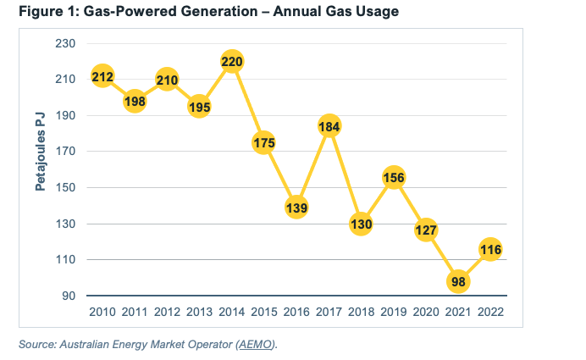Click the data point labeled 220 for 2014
pos(232,62)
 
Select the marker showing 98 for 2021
pos(458,281)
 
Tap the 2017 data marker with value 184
pos(329,126)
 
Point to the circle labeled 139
pos(296,208)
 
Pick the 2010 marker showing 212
pos(102,78)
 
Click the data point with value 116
pos(490,249)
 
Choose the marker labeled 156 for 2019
pos(393,178)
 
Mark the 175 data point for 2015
pos(264,143)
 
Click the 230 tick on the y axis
pos(67,43)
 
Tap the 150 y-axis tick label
pos(67,188)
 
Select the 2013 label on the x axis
pos(199,312)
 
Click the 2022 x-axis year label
pos(490,312)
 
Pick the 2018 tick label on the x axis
pos(361,312)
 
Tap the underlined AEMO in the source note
pos(259,344)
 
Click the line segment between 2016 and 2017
pos(312,167)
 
